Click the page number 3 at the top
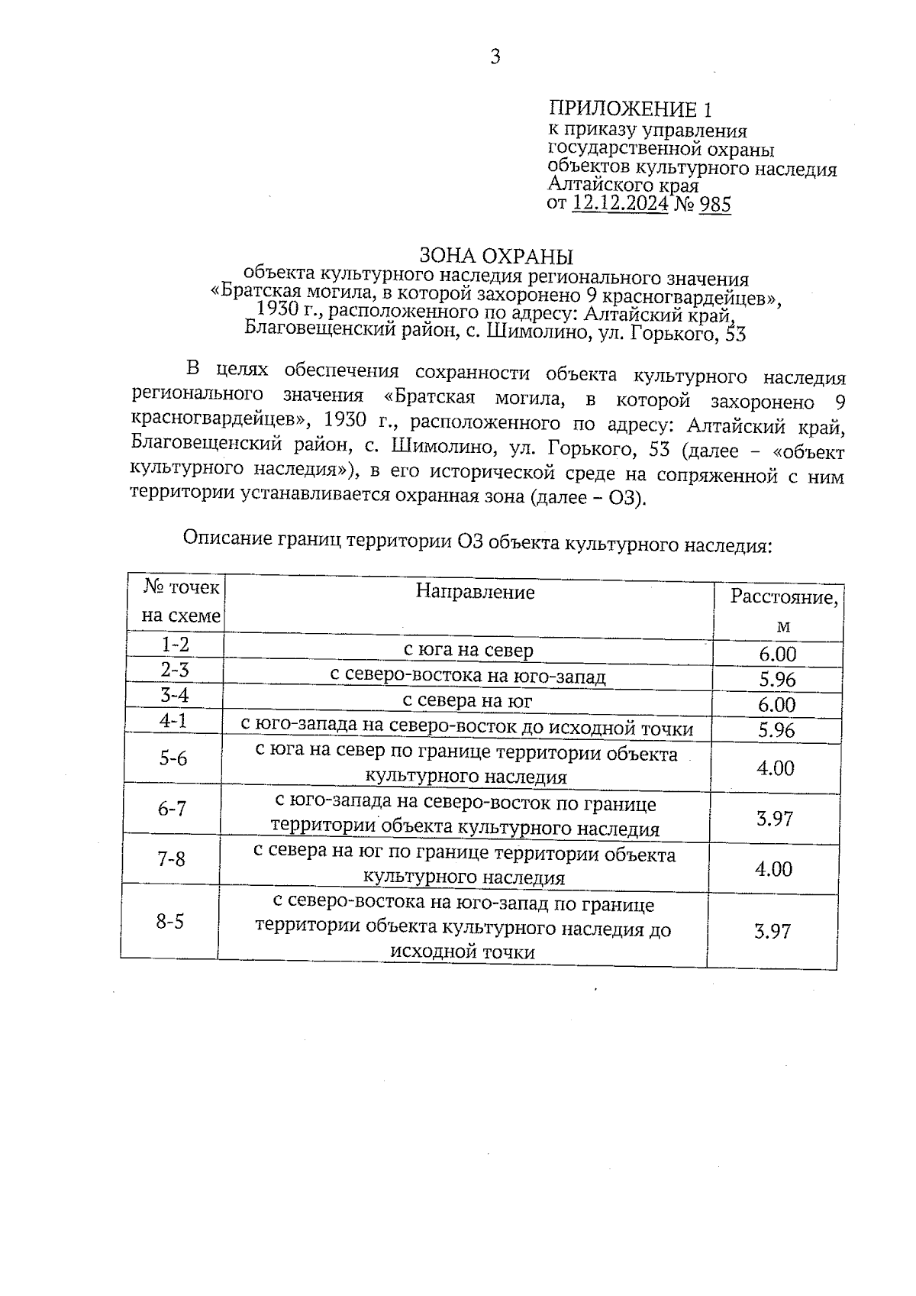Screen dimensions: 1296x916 coord(495,57)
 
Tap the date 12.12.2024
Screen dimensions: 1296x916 coord(621,204)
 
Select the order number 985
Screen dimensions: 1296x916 coord(714,204)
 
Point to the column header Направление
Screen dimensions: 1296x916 coord(475,592)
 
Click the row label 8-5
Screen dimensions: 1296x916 coord(169,921)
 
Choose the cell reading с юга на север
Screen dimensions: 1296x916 coord(468,650)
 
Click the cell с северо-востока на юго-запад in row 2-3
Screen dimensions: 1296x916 coord(467,676)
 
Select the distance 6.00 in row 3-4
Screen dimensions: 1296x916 coord(777,704)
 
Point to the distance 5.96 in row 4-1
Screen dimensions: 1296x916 coord(776,730)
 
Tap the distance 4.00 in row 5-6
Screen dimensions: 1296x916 coord(776,768)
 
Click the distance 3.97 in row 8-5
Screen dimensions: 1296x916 coord(772,931)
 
